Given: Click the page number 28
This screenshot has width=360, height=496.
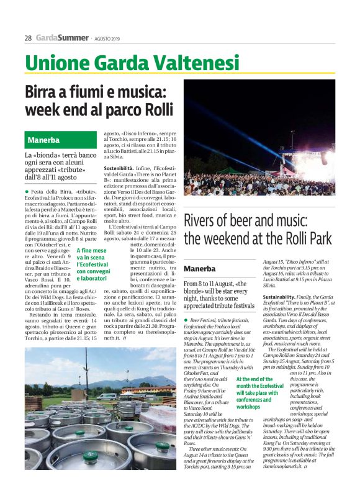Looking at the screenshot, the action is pos(28,38).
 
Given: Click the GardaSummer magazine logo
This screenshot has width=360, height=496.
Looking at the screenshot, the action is pos(61,38).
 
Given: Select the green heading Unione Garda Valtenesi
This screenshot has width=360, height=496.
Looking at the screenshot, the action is pos(132,63).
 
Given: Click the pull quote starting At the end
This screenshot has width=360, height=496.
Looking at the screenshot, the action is pos(259,393).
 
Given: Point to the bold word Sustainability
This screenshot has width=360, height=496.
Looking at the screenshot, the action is pos(282,297).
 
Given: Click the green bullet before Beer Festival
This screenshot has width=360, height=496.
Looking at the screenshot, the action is pos(186,319).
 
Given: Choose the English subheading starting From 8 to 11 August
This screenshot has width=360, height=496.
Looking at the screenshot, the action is pos(219,294).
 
